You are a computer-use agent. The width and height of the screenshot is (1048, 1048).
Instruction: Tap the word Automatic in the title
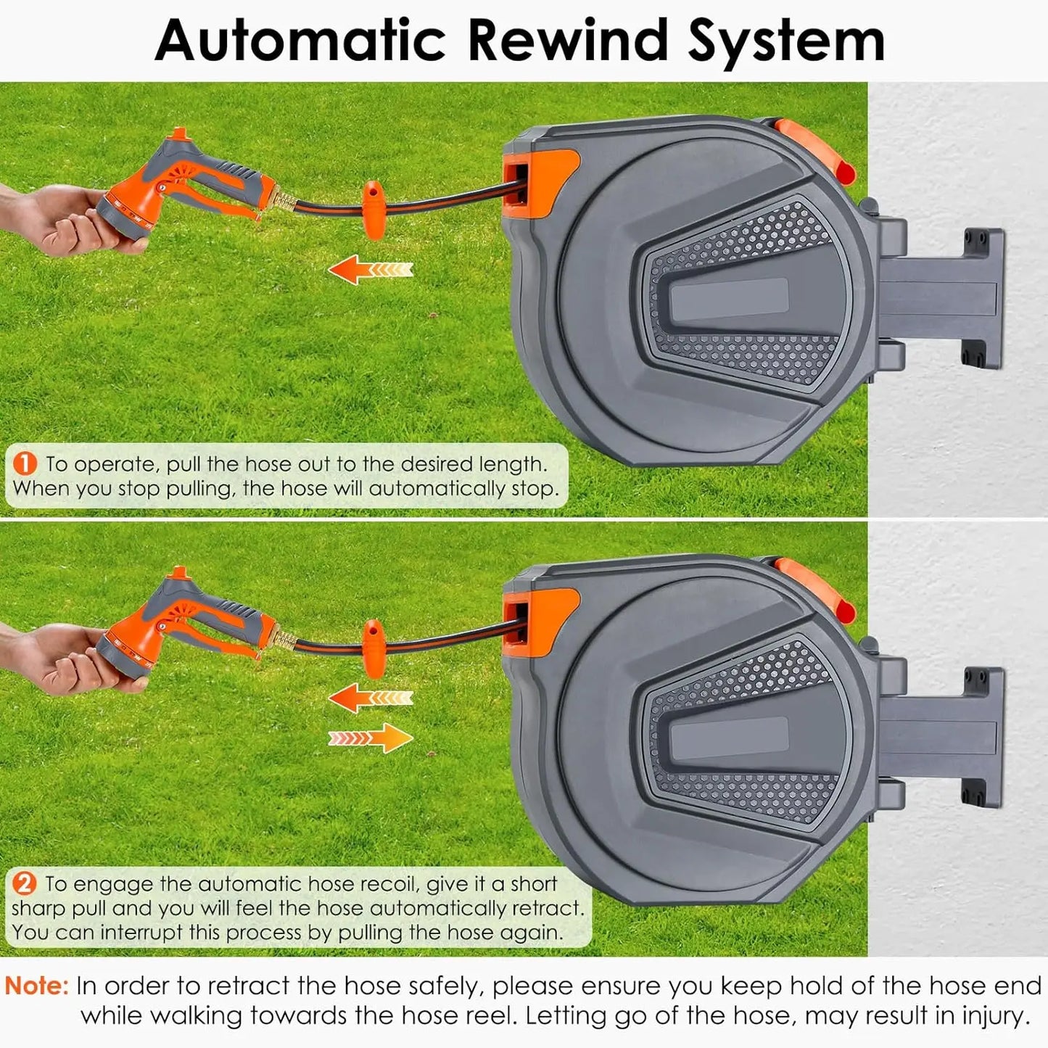point(300,40)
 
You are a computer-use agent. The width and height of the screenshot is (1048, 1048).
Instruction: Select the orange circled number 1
point(25,463)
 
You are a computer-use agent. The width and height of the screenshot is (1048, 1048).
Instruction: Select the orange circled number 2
point(25,883)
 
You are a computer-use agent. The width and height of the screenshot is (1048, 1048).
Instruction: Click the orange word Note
point(36,986)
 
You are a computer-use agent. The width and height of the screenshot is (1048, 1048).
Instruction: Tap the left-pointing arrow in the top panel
point(370,270)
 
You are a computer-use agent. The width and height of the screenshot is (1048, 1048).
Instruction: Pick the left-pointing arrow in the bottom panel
point(370,698)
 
